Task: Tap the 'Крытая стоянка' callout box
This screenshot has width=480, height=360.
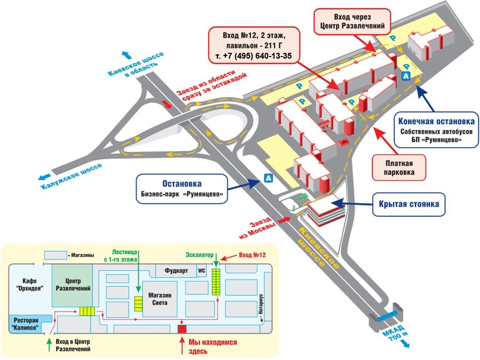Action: (x=409, y=203)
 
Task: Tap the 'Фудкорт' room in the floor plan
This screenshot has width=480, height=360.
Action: (x=176, y=271)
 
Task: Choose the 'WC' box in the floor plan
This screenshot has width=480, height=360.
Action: (x=201, y=271)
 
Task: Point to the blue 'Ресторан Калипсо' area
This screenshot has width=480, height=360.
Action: (x=26, y=324)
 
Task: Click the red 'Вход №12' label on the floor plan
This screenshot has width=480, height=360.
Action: (x=252, y=256)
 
